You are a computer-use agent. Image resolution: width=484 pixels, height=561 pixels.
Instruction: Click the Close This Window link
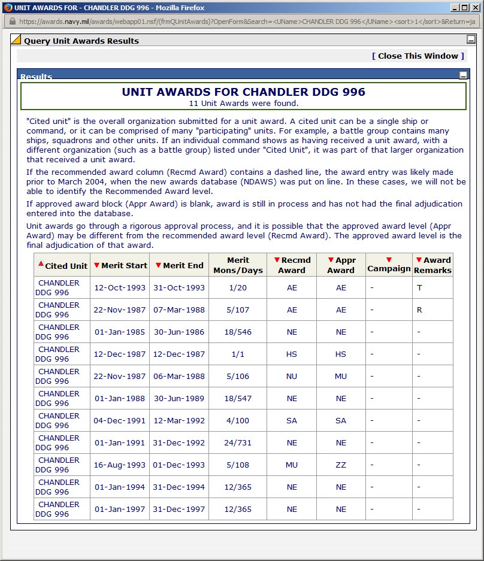[418, 56]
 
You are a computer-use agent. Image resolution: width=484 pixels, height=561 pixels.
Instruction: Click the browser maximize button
[464, 8]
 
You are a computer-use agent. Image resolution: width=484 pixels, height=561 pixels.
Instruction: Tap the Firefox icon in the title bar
[8, 8]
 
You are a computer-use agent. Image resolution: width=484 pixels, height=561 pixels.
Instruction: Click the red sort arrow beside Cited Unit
[41, 264]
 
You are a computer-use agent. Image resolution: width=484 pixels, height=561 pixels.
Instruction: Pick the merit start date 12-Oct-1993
[120, 287]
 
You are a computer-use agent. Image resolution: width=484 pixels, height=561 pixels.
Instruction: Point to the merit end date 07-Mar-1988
[179, 310]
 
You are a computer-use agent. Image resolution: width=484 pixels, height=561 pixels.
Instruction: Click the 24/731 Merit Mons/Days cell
[238, 442]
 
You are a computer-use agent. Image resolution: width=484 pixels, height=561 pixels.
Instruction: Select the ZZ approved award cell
[341, 465]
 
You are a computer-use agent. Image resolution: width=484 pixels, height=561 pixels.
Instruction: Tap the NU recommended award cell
[292, 376]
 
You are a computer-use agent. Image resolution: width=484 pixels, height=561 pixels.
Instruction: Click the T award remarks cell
[419, 287]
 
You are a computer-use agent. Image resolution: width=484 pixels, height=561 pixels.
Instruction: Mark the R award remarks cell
[420, 310]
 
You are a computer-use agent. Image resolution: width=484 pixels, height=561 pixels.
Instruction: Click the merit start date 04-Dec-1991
[120, 420]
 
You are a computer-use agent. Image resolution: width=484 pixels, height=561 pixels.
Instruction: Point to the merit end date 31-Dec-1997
[179, 509]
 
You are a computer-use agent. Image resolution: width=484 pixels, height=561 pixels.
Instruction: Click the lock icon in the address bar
[11, 21]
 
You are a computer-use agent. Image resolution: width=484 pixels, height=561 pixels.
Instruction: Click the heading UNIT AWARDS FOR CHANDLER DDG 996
[243, 92]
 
